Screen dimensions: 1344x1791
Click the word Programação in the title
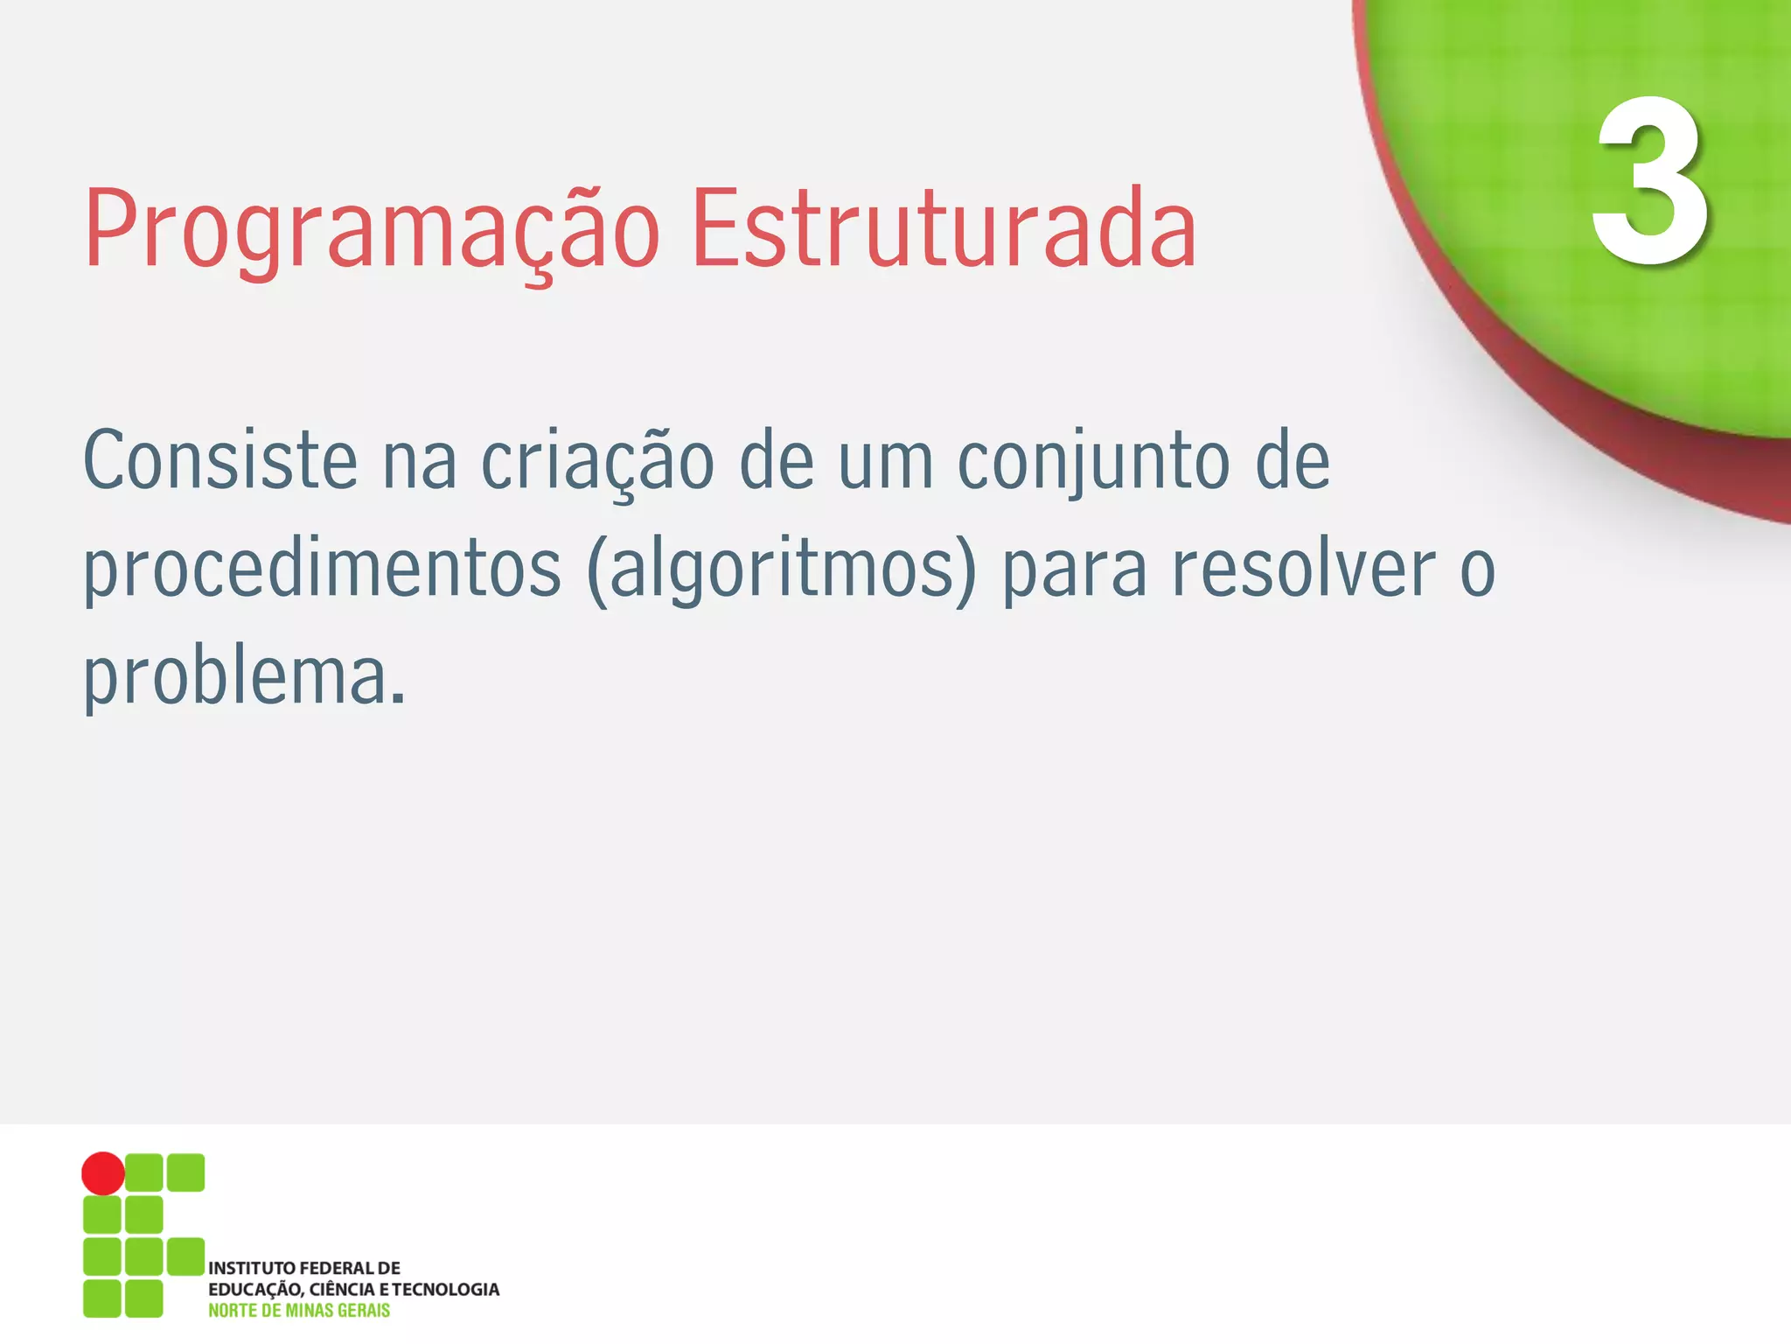(372, 229)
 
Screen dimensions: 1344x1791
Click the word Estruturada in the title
(943, 229)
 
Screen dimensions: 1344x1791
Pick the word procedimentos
(322, 570)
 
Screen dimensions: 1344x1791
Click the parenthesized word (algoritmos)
(782, 570)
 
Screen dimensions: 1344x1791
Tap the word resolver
(1303, 569)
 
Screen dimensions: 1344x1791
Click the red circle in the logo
(103, 1172)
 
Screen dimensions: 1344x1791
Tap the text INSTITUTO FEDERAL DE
(304, 1268)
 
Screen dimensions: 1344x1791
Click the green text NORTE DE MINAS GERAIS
(299, 1311)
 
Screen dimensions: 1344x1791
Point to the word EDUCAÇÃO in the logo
(254, 1290)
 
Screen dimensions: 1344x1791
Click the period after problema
(398, 699)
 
